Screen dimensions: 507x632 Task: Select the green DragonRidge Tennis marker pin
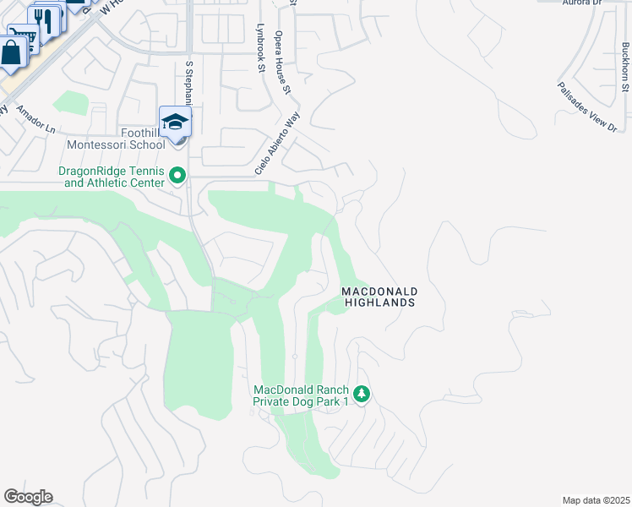tap(177, 176)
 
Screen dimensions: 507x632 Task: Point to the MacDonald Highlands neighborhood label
tap(379, 297)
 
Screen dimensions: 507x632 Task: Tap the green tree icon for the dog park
tap(362, 394)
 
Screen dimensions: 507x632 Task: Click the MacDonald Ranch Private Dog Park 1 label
tap(302, 395)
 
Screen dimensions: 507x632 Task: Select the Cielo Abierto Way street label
tap(278, 145)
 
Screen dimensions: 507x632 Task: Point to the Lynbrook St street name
tap(260, 47)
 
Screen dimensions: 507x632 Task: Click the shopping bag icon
tap(13, 52)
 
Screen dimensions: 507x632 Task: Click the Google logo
tap(28, 497)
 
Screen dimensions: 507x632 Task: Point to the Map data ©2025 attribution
tap(596, 500)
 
